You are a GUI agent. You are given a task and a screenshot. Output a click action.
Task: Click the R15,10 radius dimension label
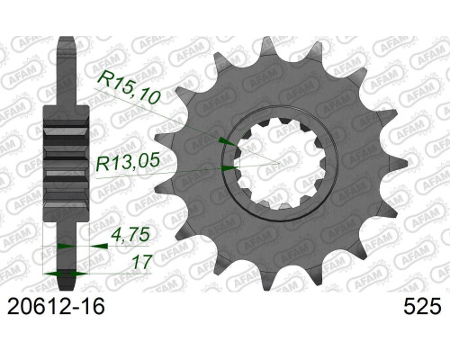130,87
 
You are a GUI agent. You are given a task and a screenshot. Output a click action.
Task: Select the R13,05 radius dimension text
128,162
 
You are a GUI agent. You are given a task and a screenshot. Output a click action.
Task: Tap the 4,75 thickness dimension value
130,234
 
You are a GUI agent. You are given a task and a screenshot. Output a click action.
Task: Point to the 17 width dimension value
141,262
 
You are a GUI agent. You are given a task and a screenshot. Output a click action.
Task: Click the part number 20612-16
56,306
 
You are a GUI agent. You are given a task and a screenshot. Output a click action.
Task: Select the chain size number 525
423,306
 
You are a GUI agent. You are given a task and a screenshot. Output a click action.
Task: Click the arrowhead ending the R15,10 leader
228,141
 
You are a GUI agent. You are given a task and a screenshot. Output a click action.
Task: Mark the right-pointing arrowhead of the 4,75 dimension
66,247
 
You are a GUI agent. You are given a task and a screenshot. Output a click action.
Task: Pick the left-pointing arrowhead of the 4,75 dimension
99,246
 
